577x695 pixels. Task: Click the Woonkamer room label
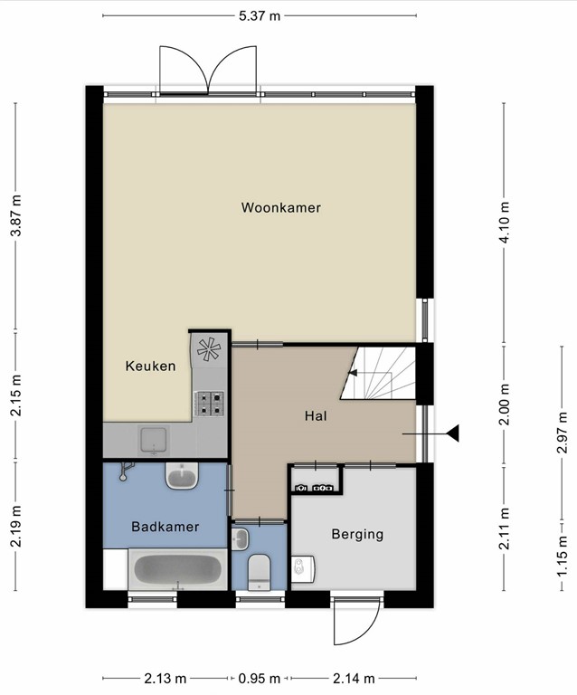(280, 207)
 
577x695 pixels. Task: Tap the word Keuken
(150, 366)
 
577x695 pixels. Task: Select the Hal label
(316, 415)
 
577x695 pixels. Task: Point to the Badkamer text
(166, 527)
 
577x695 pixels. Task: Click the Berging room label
(357, 534)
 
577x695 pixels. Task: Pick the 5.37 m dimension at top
(260, 16)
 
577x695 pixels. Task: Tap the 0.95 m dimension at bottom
(260, 678)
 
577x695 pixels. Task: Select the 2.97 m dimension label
(562, 433)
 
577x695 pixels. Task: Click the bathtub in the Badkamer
(178, 569)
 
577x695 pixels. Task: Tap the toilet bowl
(259, 573)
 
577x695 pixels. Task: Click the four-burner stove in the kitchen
(210, 404)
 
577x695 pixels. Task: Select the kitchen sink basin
(154, 440)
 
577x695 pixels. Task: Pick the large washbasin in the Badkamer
(182, 476)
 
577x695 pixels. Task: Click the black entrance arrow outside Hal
(452, 433)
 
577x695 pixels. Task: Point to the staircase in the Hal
(378, 373)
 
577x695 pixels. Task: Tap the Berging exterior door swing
(356, 621)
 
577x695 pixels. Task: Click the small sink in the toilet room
(241, 539)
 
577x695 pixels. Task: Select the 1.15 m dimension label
(562, 557)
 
